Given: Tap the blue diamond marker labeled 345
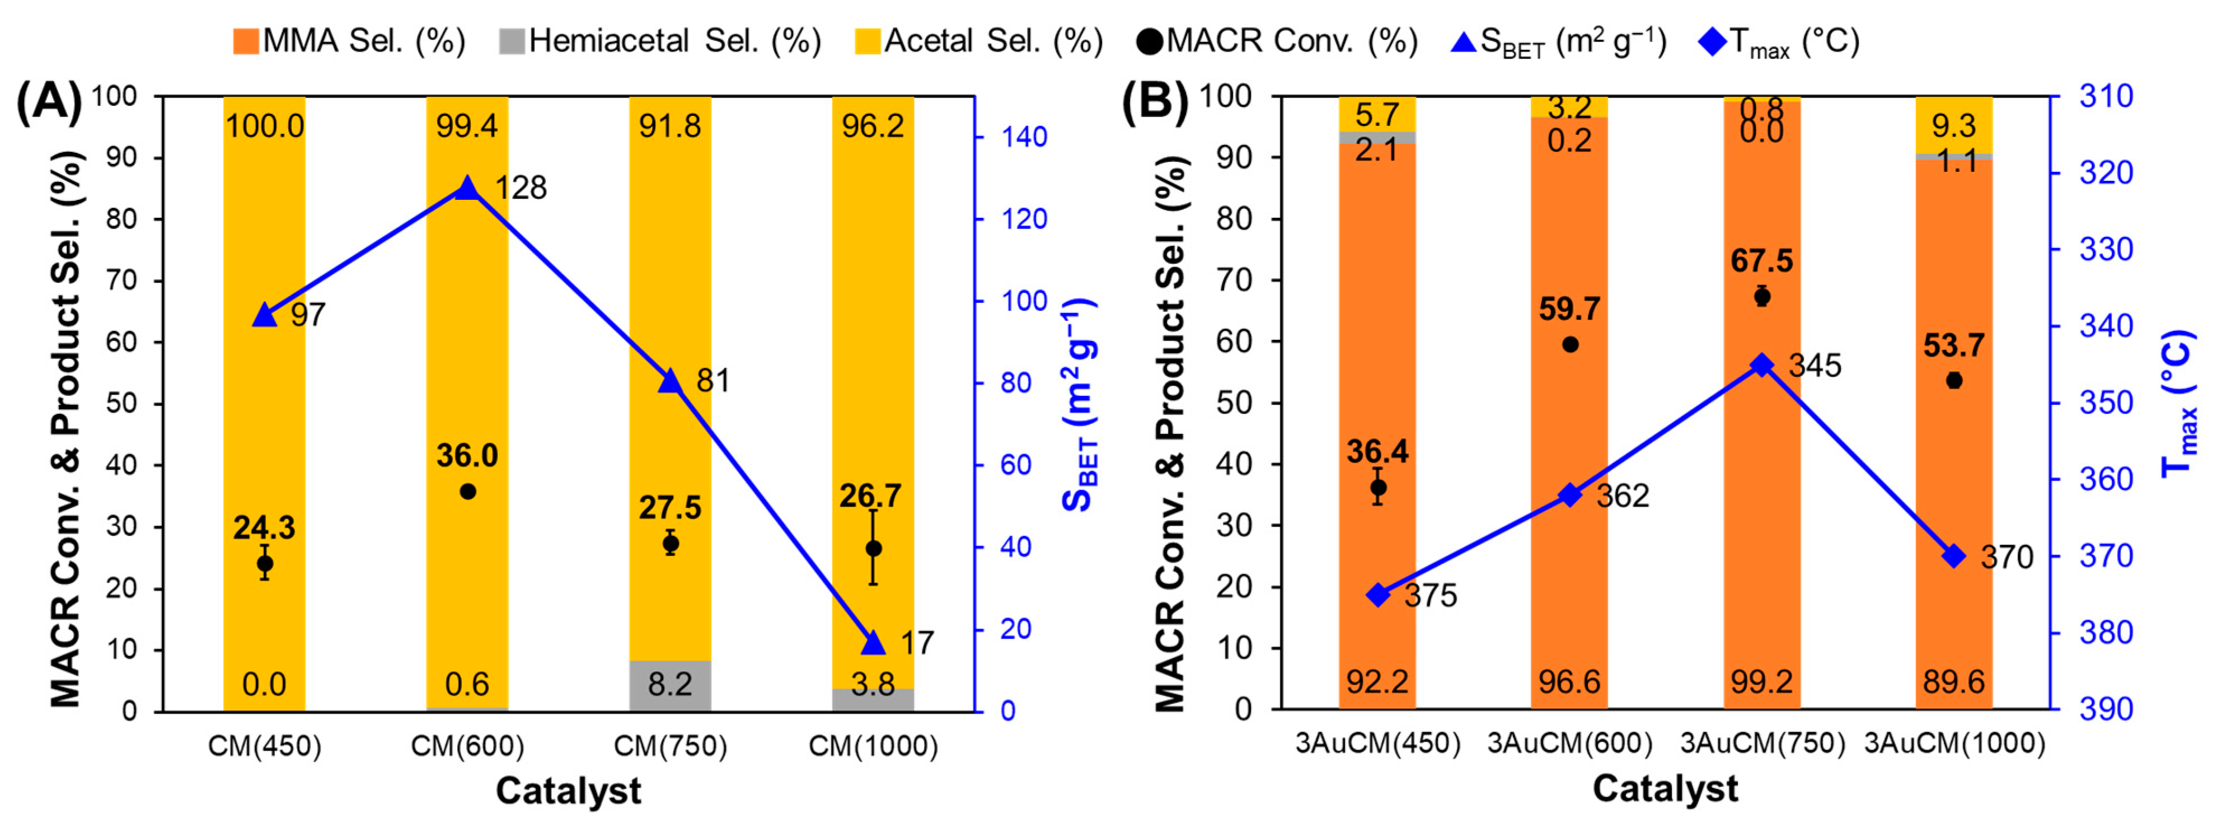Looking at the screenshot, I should coord(1761,365).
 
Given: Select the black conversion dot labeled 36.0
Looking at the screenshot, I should coord(467,492).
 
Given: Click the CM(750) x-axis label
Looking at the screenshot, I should coord(669,746).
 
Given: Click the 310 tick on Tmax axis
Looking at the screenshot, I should coord(2106,96).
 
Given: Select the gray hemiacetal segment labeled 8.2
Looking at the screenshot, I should coord(669,685).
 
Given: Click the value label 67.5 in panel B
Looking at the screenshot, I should coord(1761,261).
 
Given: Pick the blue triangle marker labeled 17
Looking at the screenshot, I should coord(873,643).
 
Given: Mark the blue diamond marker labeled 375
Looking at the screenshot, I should coord(1378,595).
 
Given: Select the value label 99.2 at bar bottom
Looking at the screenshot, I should coord(1761,682).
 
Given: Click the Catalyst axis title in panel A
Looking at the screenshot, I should coord(568,790).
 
